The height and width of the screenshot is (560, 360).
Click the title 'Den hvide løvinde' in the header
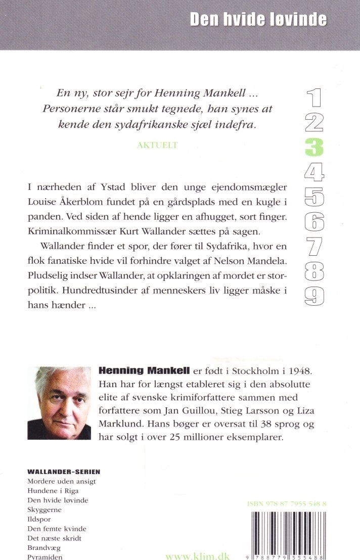tap(258, 20)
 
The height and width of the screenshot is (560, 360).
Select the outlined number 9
tap(314, 295)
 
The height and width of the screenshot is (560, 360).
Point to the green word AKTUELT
tap(158, 145)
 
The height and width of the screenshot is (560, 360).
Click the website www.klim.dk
tap(198, 556)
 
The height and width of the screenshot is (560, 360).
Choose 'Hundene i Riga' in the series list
tap(53, 491)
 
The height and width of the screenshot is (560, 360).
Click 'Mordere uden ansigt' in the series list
tap(61, 481)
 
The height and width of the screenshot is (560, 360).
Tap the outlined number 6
tap(314, 221)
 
